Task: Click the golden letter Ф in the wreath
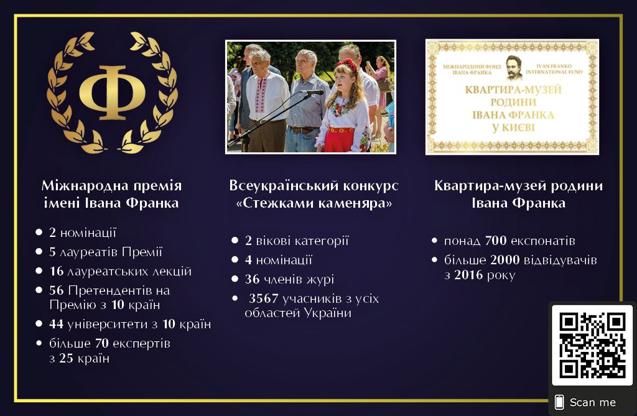112,93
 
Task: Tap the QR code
592,345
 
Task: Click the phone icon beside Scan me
559,402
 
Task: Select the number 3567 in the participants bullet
263,298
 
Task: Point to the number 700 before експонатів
496,241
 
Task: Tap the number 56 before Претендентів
57,290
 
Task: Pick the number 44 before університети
57,324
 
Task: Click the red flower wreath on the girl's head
347,65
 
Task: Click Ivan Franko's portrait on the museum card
513,68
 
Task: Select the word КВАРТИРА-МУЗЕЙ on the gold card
513,90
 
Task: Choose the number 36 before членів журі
253,279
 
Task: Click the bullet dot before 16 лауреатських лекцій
39,270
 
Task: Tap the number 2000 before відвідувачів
505,259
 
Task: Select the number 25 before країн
66,358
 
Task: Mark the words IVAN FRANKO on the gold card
554,66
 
